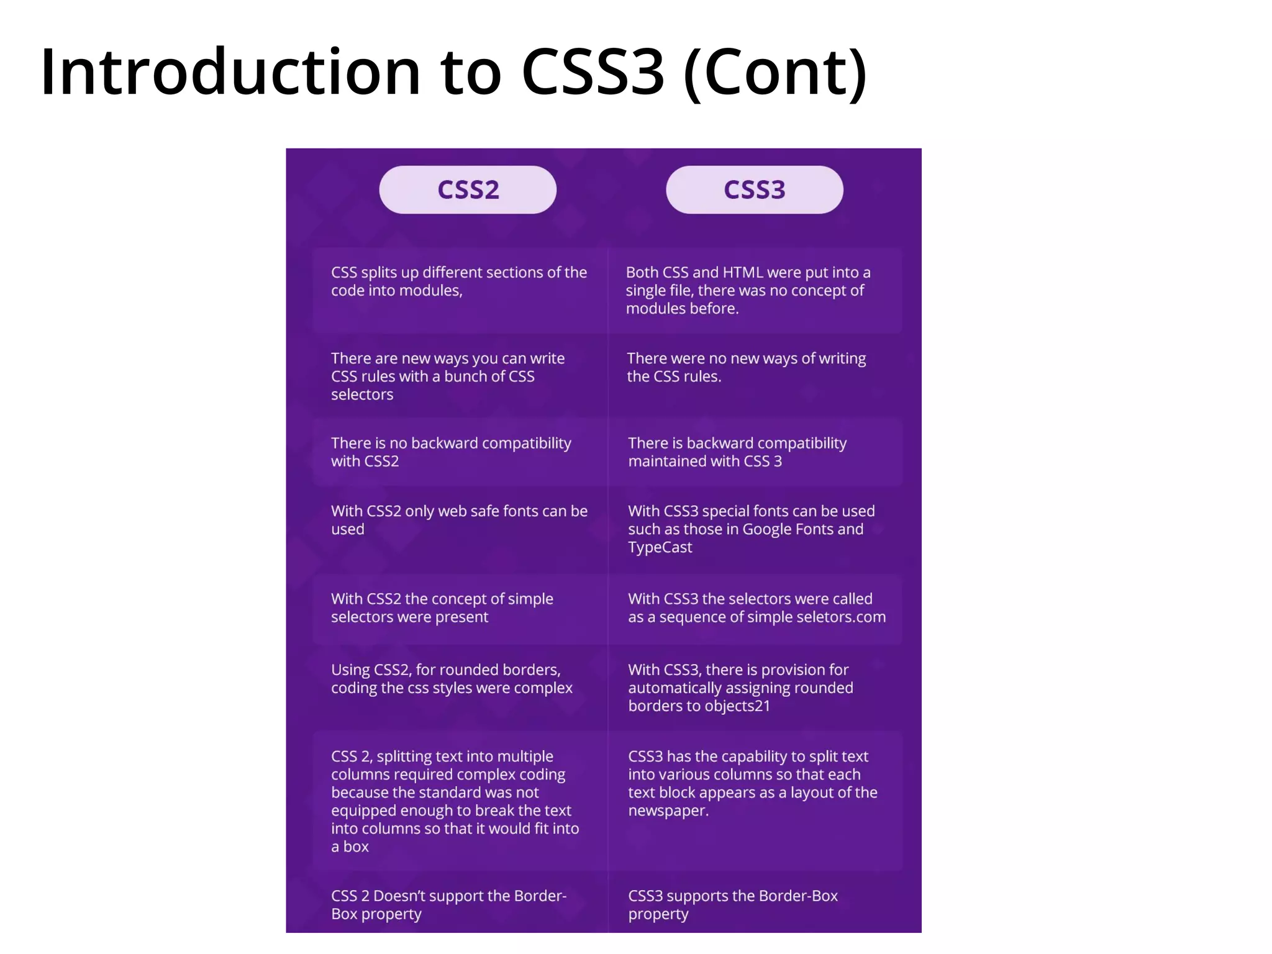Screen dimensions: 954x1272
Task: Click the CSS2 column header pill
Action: [468, 190]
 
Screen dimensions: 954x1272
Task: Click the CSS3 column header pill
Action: [754, 190]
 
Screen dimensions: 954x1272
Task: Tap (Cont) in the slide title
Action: [775, 74]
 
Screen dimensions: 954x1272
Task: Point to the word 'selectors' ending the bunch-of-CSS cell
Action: [362, 395]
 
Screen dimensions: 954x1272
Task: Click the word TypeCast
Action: [660, 548]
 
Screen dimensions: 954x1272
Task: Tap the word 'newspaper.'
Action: [668, 811]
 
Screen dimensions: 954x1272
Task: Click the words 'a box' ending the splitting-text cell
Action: [350, 847]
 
